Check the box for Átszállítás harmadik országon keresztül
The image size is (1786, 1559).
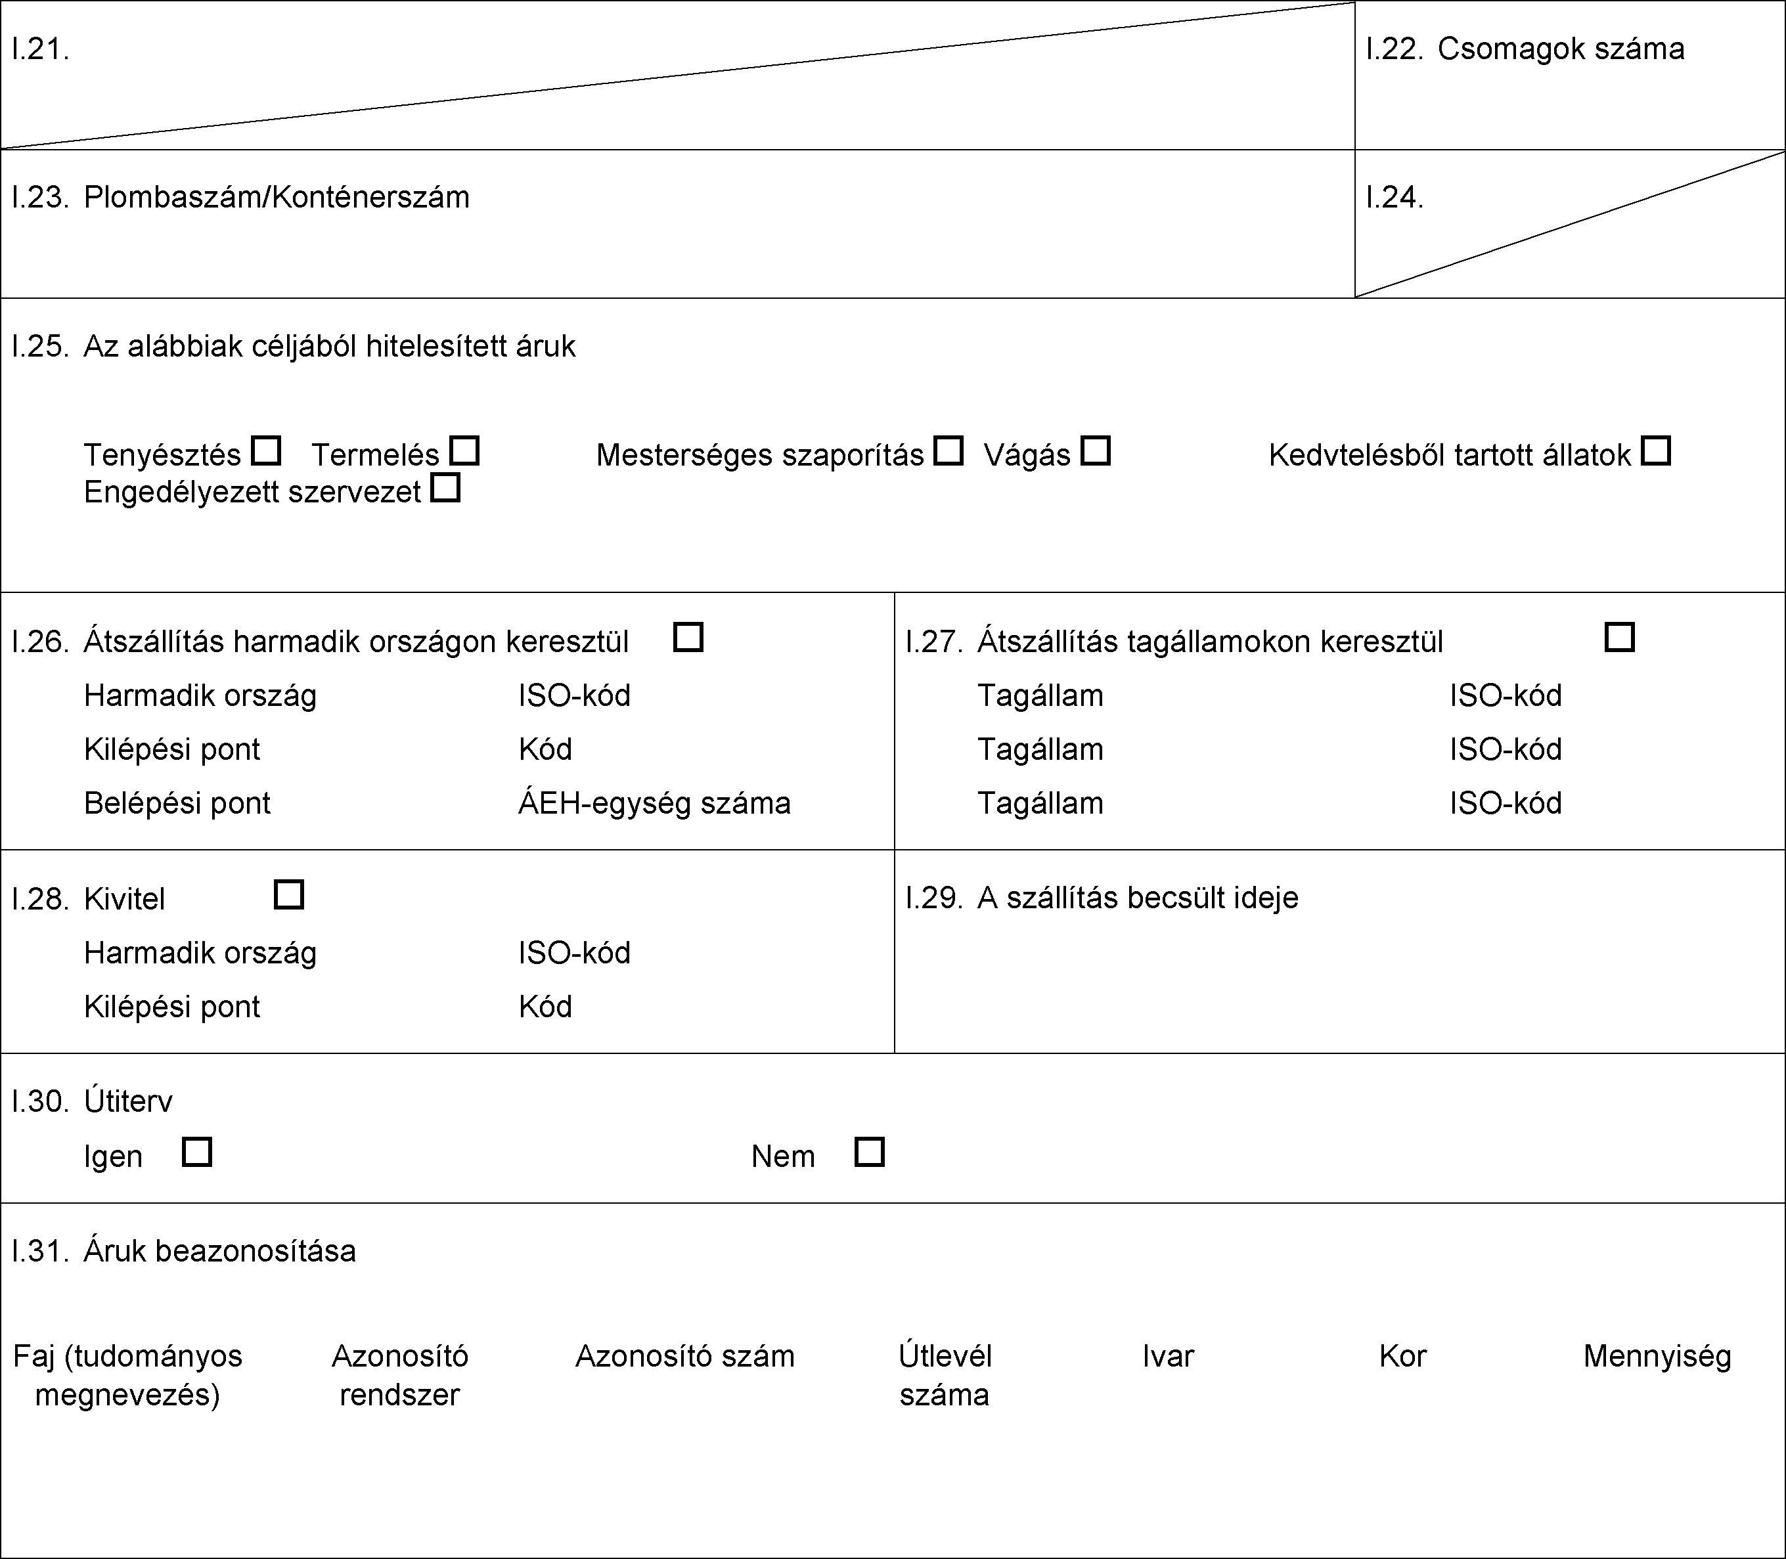pos(688,637)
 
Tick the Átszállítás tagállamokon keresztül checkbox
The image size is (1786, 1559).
pos(1619,637)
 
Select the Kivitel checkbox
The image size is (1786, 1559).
pos(289,894)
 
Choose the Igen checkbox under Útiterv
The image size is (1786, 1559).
pos(196,1152)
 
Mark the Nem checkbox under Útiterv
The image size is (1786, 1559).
pos(870,1152)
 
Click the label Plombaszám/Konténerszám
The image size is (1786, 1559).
pos(276,198)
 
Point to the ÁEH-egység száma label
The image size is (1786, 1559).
pos(654,803)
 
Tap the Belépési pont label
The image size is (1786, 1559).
pos(177,803)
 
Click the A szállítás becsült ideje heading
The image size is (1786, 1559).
pos(1137,898)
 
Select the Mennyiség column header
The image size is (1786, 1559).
pos(1657,1356)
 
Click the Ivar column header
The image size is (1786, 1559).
pos(1168,1356)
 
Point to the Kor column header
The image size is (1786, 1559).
pos(1402,1356)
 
